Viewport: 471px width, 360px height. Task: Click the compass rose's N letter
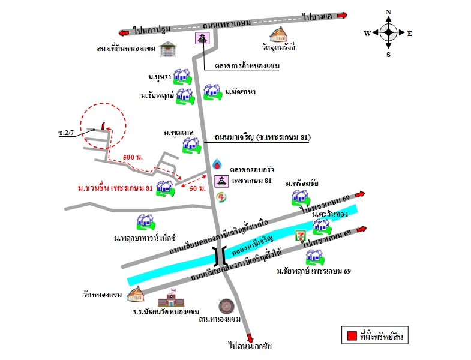388,12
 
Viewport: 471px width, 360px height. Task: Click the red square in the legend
349,337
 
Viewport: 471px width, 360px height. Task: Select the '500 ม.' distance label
132,157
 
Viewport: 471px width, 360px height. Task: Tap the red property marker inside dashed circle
103,125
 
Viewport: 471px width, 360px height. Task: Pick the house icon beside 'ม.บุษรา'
182,77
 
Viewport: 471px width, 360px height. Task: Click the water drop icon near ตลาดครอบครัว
217,164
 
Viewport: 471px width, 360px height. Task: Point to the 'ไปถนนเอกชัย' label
250,346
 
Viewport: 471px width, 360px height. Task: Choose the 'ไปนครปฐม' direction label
152,29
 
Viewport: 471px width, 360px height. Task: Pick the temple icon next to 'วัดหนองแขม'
135,293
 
